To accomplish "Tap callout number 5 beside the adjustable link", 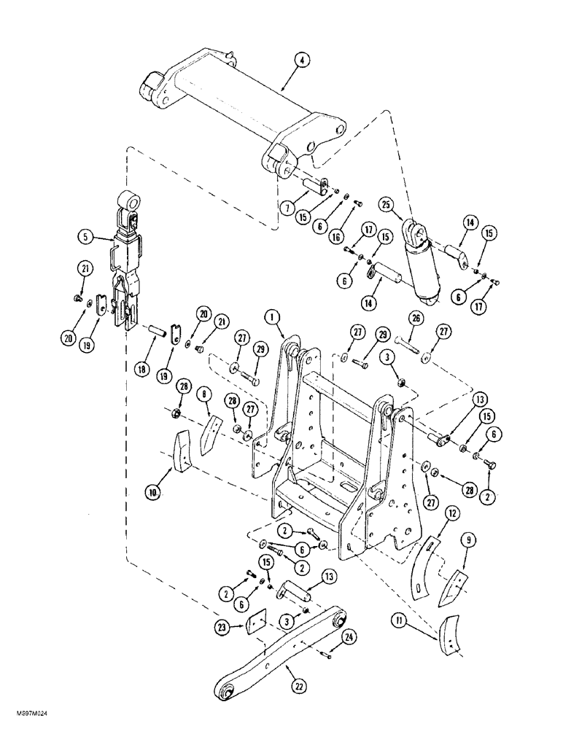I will [86, 236].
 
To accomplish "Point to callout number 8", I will [204, 395].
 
